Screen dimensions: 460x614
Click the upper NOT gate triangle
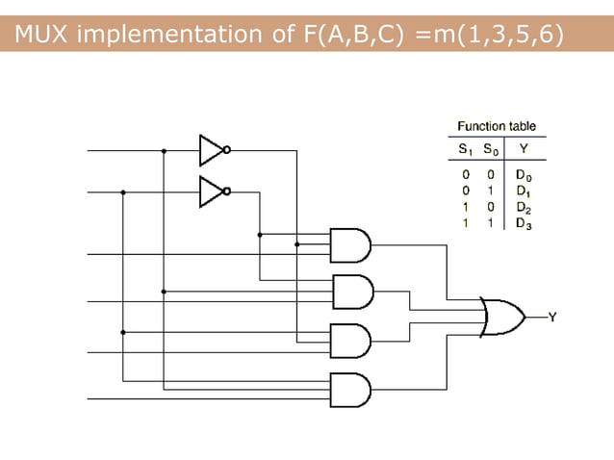point(210,150)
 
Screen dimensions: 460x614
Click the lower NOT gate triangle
point(210,192)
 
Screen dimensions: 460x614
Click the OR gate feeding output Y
point(501,317)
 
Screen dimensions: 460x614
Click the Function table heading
point(497,126)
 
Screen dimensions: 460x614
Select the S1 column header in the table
point(466,149)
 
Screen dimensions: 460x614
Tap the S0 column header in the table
point(491,149)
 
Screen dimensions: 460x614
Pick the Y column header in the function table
point(523,149)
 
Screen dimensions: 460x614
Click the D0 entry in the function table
point(523,175)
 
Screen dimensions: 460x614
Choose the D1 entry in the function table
point(523,191)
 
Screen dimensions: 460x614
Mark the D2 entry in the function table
point(523,207)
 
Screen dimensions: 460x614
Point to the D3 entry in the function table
point(523,223)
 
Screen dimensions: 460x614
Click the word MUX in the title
point(42,36)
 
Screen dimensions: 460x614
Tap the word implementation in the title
point(168,36)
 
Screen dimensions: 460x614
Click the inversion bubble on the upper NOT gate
point(227,150)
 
